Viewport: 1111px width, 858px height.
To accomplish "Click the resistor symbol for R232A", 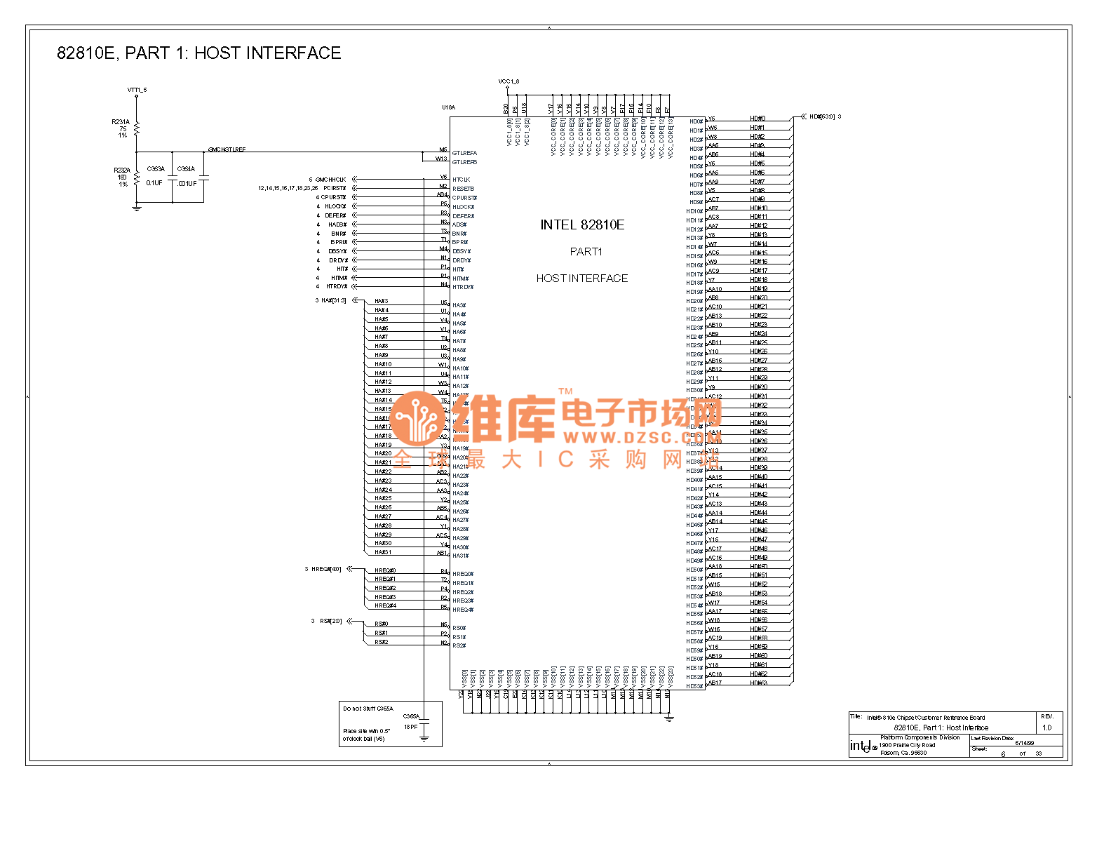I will [x=137, y=178].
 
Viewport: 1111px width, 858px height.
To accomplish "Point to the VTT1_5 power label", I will [x=137, y=90].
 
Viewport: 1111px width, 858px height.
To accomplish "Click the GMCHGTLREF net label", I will [x=227, y=149].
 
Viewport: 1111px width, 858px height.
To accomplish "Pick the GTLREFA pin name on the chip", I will [x=464, y=153].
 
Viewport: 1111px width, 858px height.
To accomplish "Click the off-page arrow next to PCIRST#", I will [x=355, y=188].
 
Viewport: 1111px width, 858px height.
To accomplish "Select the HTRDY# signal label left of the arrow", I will [x=337, y=286].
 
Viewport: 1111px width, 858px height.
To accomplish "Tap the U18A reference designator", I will [x=448, y=107].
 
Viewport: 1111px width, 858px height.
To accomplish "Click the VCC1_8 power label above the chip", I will [x=509, y=81].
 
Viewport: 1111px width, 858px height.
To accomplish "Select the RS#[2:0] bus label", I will [x=330, y=621].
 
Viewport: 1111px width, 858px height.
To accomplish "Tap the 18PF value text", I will [x=410, y=727].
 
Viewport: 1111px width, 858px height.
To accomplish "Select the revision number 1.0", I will [x=1046, y=728].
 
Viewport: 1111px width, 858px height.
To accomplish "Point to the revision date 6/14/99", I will [x=1024, y=743].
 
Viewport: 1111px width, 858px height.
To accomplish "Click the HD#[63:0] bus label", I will [x=822, y=116].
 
